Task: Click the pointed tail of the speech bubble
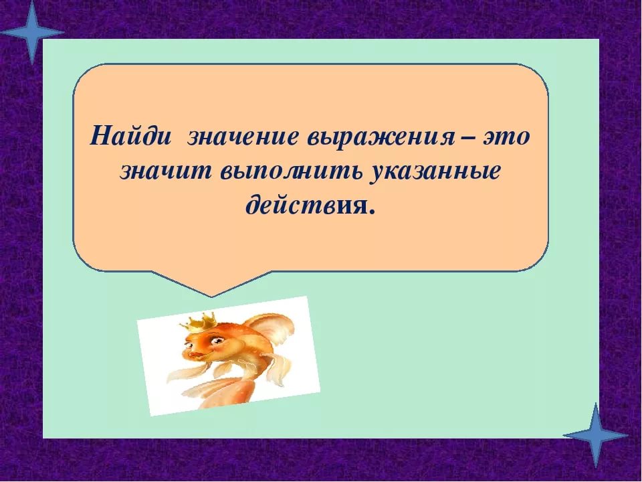tap(211, 288)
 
